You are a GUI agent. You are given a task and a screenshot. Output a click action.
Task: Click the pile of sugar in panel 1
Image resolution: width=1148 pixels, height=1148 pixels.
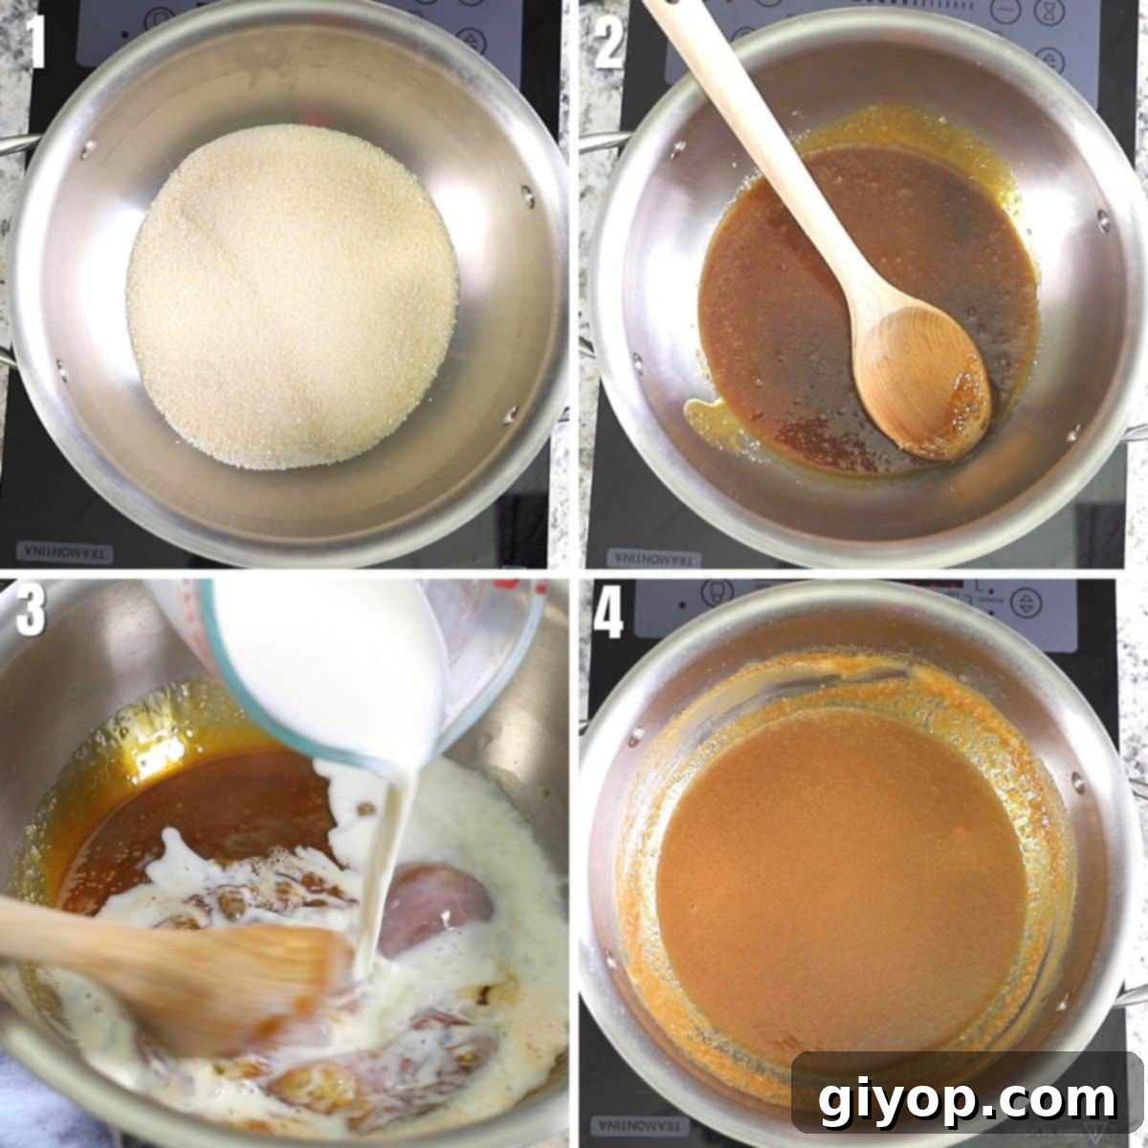tap(293, 297)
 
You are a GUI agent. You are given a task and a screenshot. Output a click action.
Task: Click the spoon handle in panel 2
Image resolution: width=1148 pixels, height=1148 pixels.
tap(765, 143)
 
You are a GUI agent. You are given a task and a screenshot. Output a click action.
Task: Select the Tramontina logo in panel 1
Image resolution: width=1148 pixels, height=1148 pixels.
tap(65, 553)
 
